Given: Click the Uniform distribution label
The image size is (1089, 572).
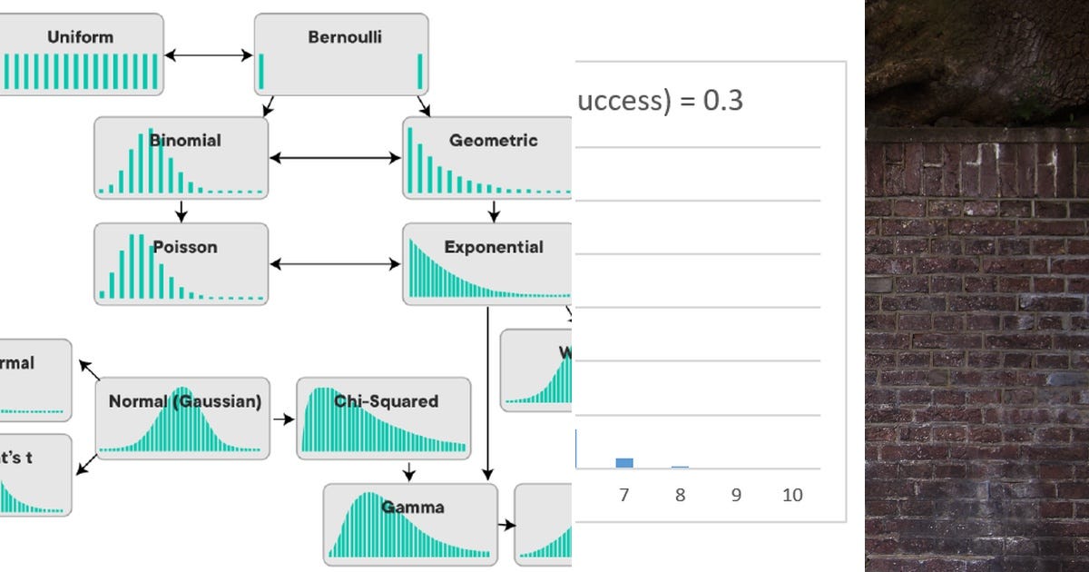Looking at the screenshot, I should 80,37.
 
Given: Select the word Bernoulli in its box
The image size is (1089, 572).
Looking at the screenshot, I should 345,37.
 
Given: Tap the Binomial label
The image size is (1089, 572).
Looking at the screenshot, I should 185,141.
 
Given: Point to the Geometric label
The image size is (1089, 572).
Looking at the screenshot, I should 493,141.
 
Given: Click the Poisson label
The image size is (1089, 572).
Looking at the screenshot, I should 185,247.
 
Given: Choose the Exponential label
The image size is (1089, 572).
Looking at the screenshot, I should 494,247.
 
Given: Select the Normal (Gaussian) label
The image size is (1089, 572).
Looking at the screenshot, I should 185,401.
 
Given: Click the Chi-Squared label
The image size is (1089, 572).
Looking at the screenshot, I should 386,401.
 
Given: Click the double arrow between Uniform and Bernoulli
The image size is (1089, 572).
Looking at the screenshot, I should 209,55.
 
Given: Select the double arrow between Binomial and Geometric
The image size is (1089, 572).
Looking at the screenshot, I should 336,158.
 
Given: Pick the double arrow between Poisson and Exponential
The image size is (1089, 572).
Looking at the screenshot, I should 336,264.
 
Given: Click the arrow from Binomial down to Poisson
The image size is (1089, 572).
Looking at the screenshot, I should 181,211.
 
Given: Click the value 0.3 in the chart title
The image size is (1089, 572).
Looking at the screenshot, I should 723,100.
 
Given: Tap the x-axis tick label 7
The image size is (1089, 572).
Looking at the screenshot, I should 623,496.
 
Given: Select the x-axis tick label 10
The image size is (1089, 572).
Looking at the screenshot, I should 792,496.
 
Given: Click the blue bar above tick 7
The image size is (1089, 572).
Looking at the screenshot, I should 623,463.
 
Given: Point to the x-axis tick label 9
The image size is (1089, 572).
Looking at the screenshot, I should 736,496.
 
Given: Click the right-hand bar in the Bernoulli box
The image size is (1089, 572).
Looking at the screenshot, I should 421,72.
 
